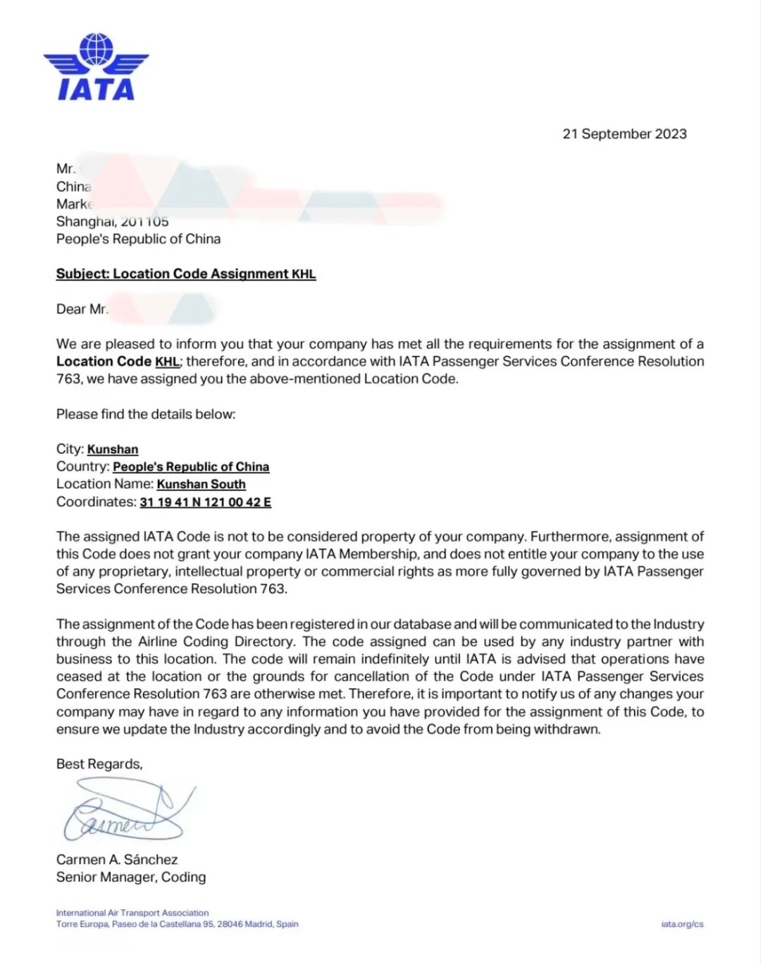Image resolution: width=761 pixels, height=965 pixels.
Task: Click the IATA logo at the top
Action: (96, 67)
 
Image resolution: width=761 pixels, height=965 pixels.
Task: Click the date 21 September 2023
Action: (624, 134)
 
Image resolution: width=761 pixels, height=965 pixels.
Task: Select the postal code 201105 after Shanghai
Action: (145, 222)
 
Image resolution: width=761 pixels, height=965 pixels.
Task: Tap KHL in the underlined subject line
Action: (304, 274)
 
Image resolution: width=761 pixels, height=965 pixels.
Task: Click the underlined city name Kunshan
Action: (113, 449)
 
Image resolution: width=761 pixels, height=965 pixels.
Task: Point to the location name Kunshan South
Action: (201, 485)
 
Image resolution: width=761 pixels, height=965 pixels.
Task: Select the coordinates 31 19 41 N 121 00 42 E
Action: (205, 502)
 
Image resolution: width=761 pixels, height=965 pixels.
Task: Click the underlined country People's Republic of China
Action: (191, 467)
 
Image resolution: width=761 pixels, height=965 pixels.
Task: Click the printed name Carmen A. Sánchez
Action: (117, 859)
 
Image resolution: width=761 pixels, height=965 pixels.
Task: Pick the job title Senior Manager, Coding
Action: (131, 877)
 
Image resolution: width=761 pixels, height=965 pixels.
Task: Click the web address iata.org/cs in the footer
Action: (682, 924)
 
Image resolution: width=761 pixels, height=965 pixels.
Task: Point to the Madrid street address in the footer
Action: (177, 924)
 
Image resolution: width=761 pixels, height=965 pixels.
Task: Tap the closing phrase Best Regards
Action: (99, 764)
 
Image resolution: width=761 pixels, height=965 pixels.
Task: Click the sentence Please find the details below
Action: (146, 414)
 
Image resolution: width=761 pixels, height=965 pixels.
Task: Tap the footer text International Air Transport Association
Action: (132, 913)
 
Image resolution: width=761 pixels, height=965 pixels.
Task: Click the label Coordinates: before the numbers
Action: (97, 502)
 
